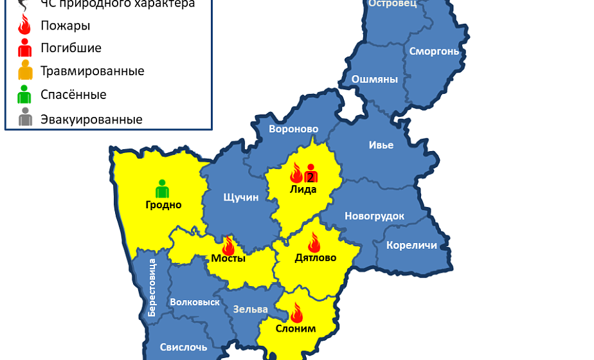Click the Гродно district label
point(163,205)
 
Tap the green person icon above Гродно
point(162,188)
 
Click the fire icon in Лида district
point(296,173)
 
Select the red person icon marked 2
point(311,174)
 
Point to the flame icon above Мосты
point(228,246)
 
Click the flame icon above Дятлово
point(314,242)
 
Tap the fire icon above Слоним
point(296,313)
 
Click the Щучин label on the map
point(240,197)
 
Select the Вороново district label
point(294,129)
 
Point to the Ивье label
point(381,145)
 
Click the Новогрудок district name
point(374,216)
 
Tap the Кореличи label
point(411,245)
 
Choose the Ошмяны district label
point(374,80)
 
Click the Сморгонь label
point(434,51)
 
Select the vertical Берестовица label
point(152,287)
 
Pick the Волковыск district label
point(195,301)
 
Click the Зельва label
point(250,309)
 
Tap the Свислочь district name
point(184,347)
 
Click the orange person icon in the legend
point(25,70)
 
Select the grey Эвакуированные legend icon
point(25,118)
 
